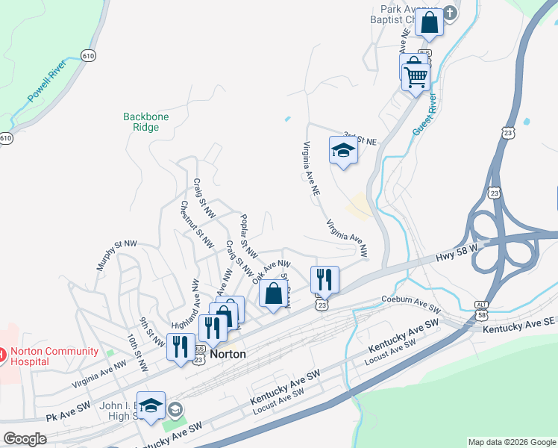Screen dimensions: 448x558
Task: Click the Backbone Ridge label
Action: (x=146, y=122)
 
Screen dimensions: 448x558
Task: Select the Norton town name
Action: (x=228, y=355)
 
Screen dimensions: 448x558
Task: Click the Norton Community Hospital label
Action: (x=49, y=356)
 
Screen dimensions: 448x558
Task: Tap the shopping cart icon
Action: (x=416, y=75)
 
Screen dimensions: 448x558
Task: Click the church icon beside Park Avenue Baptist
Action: (x=450, y=13)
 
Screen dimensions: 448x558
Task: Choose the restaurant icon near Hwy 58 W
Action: (x=325, y=280)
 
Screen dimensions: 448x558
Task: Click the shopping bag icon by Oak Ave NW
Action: (x=274, y=293)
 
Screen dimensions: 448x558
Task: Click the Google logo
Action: (x=25, y=439)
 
